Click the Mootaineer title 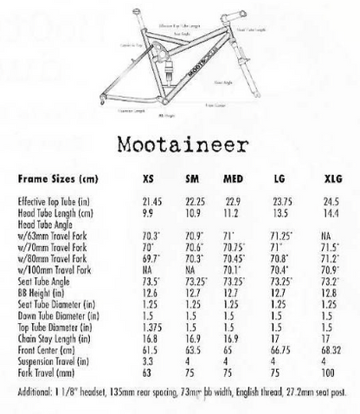(x=180, y=142)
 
